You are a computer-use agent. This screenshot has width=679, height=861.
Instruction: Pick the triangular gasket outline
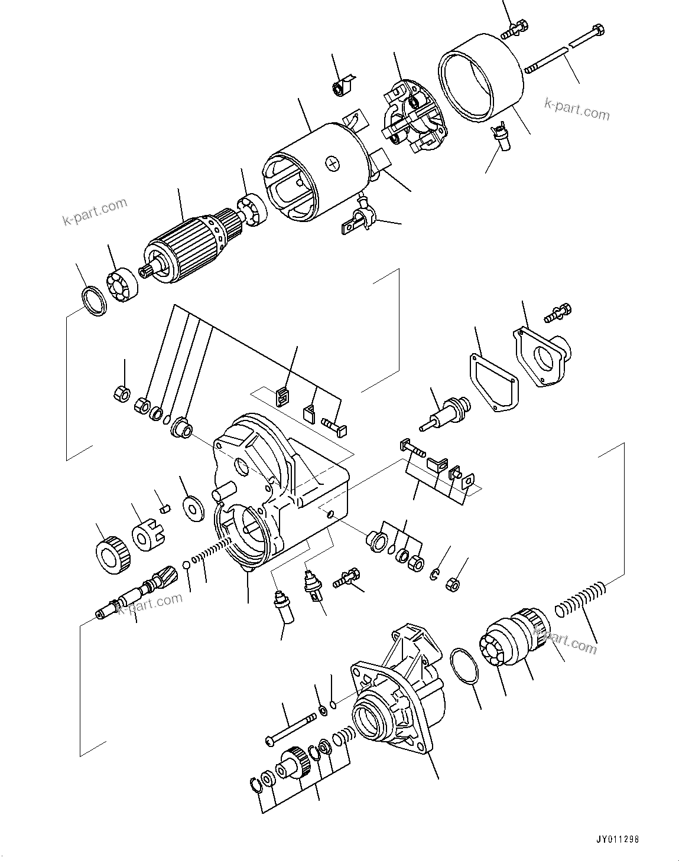(x=493, y=381)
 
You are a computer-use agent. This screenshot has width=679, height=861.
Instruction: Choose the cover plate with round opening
(x=542, y=357)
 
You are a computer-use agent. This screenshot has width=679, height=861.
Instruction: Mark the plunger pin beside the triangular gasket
(x=443, y=413)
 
